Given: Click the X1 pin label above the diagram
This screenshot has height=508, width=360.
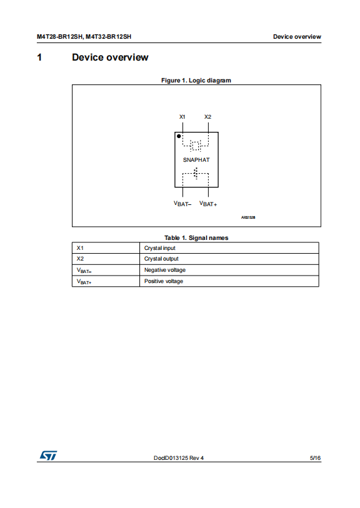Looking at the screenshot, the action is tap(182, 117).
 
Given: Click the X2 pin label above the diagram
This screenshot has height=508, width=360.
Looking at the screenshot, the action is tap(207, 117).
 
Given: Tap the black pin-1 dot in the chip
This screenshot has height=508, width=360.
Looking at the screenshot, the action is tap(179, 136).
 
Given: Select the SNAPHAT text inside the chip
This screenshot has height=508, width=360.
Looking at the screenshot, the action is tap(196, 160).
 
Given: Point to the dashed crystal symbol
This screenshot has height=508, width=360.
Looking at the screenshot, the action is tap(196, 146).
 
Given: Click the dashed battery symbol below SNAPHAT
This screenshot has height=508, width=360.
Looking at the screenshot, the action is tap(196, 173).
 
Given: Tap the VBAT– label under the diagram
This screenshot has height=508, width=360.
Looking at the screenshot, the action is tap(182, 204).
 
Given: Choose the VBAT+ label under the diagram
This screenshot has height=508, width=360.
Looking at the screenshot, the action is tap(208, 204).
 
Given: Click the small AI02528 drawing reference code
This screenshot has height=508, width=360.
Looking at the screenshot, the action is tap(248, 217).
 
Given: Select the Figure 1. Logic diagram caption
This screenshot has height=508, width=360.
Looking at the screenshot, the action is tap(196, 81).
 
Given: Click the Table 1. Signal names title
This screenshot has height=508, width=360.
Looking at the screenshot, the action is tap(196, 238).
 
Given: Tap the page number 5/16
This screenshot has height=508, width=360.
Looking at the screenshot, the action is tap(315, 458).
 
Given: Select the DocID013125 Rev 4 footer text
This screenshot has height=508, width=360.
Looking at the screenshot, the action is tap(179, 458).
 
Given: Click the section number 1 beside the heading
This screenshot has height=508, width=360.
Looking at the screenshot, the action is tap(39, 57).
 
